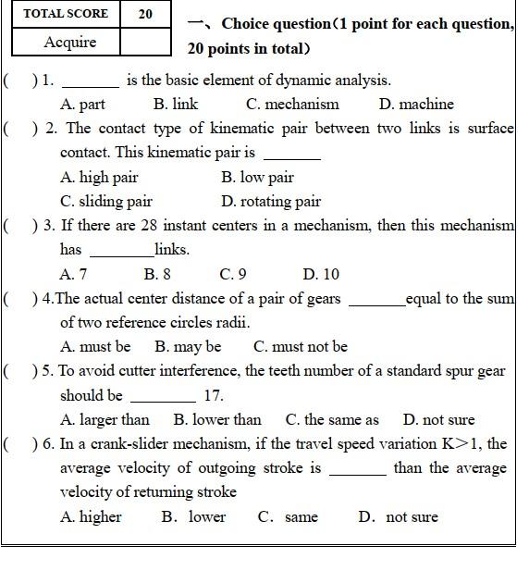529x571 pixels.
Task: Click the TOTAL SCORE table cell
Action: tap(66, 14)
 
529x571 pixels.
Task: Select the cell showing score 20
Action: tap(146, 14)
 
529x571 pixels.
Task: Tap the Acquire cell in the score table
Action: tap(69, 42)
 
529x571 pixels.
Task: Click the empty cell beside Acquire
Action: tap(146, 42)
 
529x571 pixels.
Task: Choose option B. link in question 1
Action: tap(176, 105)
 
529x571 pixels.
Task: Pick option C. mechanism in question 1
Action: tap(292, 105)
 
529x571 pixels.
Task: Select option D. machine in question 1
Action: tap(416, 105)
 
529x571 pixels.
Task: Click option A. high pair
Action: tap(99, 177)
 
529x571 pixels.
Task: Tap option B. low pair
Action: tap(257, 177)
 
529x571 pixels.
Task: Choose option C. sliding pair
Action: tap(106, 201)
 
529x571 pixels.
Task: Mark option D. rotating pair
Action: tap(271, 201)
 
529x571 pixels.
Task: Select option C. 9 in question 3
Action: tap(233, 274)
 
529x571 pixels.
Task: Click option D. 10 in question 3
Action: tap(321, 274)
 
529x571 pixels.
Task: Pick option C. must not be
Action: tap(301, 347)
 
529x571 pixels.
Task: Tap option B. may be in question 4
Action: tap(188, 347)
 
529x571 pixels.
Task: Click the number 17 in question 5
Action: tap(214, 395)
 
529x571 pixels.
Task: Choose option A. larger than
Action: tap(105, 419)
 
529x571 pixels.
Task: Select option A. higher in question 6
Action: tap(91, 516)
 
